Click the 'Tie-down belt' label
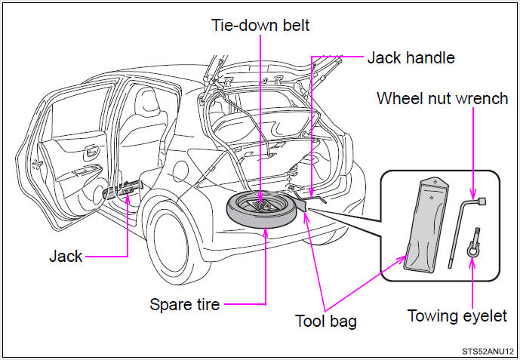point(260,25)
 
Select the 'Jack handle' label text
point(411,57)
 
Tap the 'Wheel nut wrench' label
point(442,98)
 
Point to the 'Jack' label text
point(66,257)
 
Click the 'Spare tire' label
point(184,305)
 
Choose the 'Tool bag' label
point(326,322)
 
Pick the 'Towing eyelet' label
point(457,315)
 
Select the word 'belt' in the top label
point(294,25)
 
